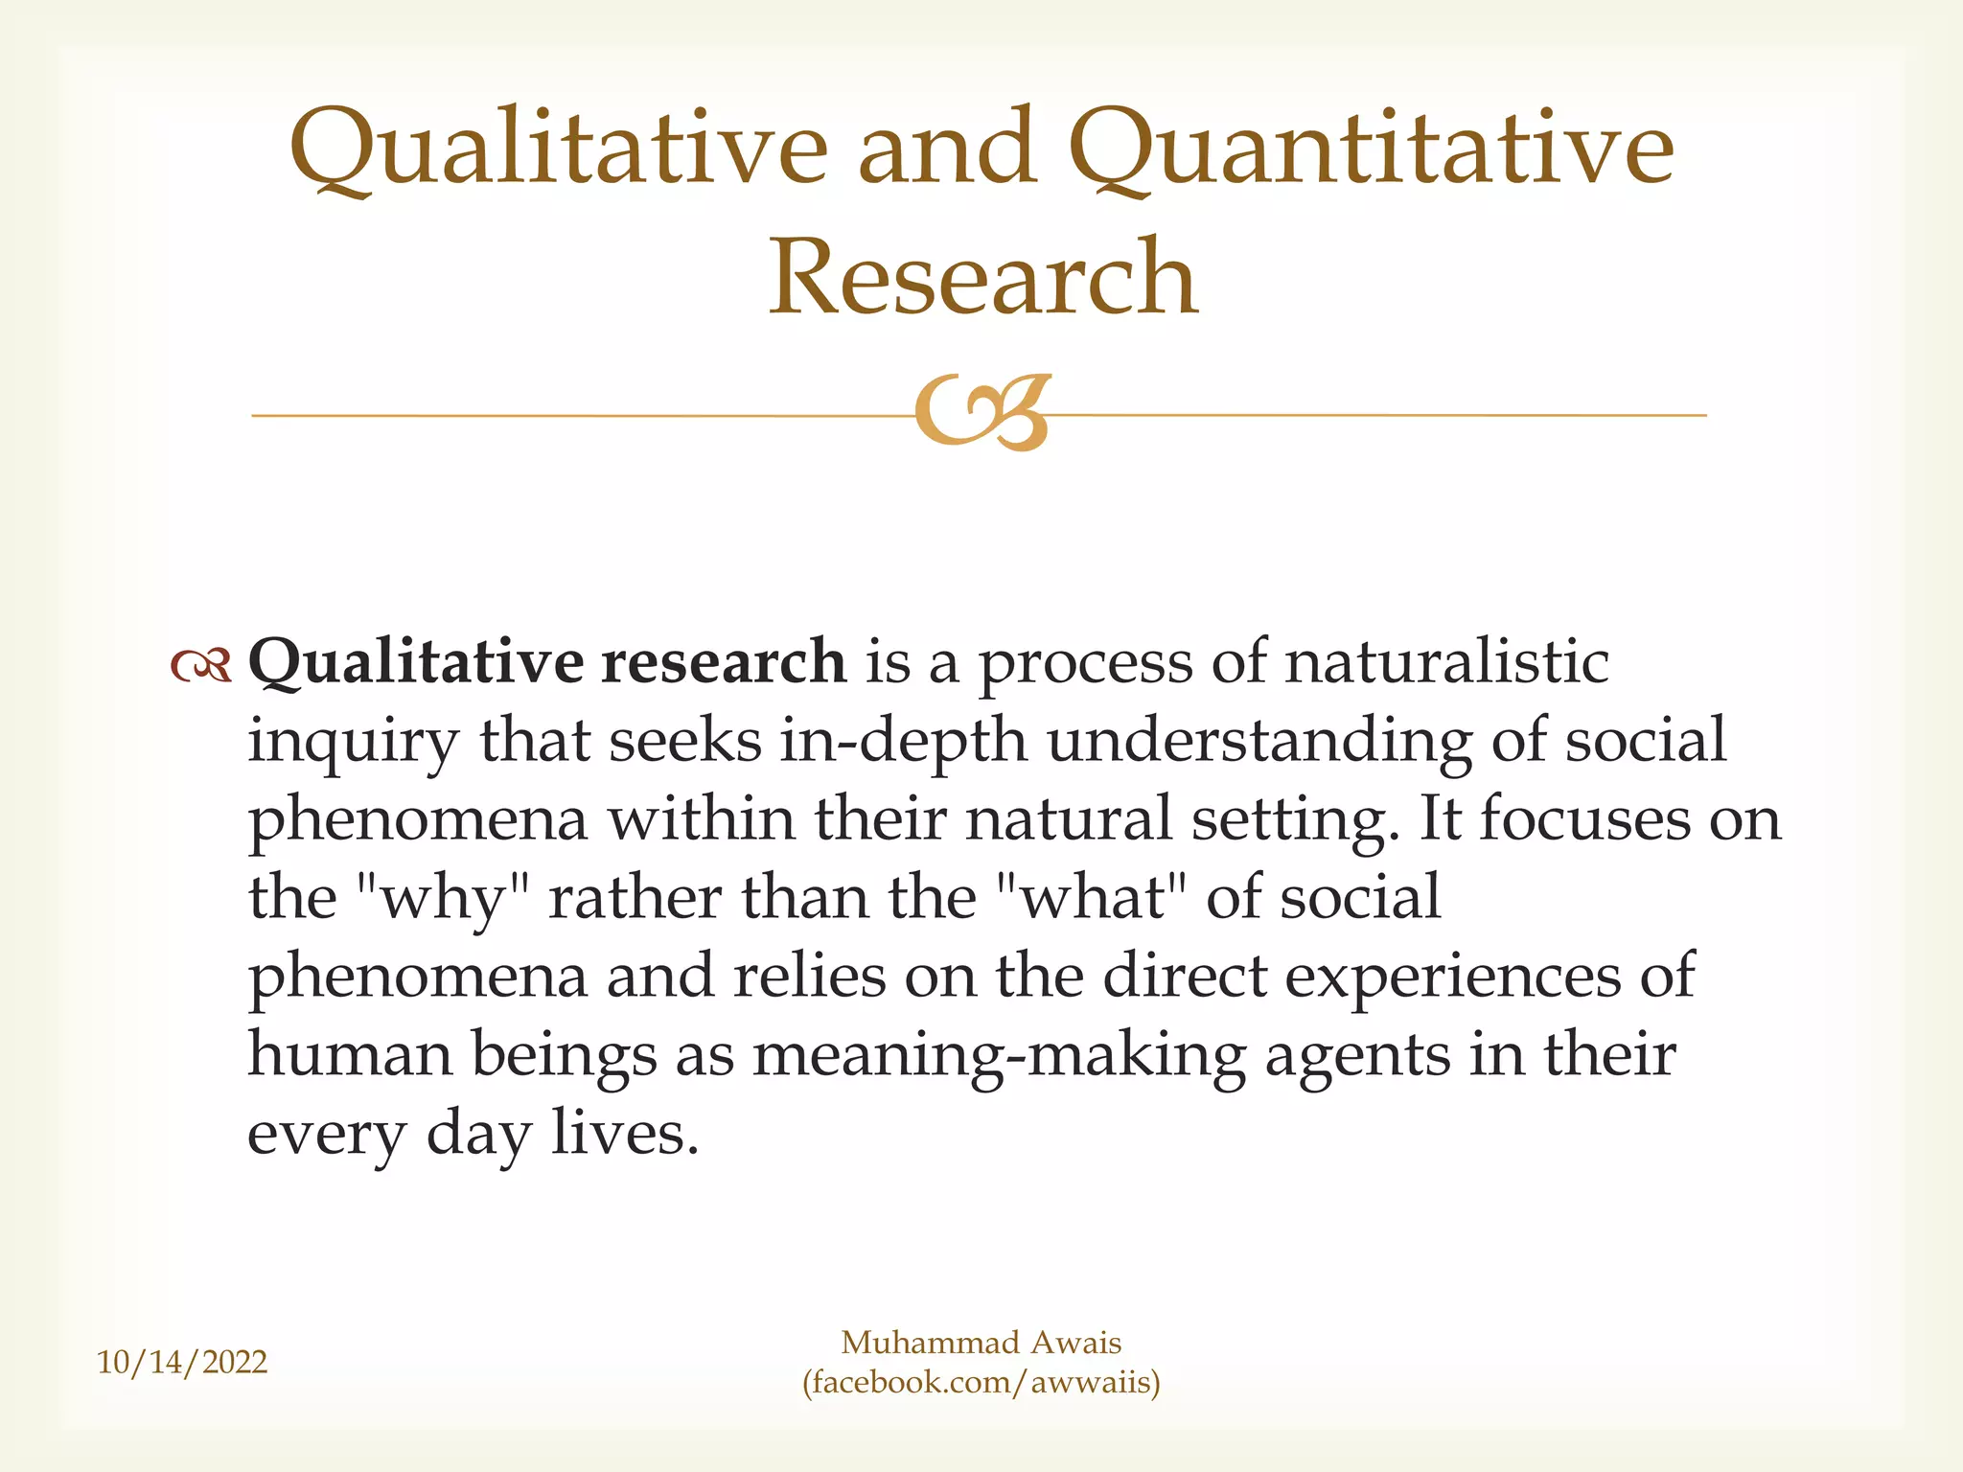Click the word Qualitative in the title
558,149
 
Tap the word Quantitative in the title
1371,149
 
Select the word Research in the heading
983,278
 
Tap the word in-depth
903,742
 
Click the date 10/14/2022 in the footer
182,1362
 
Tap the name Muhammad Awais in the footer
981,1343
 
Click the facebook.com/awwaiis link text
981,1383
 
